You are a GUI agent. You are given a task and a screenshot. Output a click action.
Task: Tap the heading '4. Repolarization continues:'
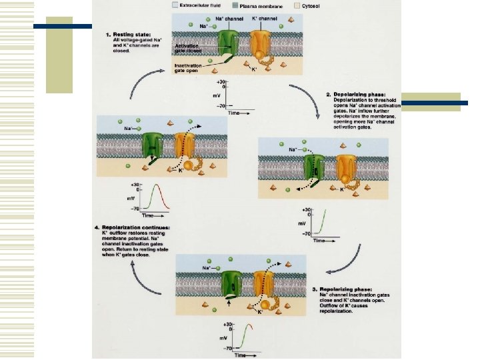pyautogui.click(x=131, y=228)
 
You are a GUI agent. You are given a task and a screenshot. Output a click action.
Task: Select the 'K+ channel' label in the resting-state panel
pyautogui.click(x=264, y=18)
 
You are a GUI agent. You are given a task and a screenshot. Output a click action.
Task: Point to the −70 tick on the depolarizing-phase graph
pyautogui.click(x=306, y=234)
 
